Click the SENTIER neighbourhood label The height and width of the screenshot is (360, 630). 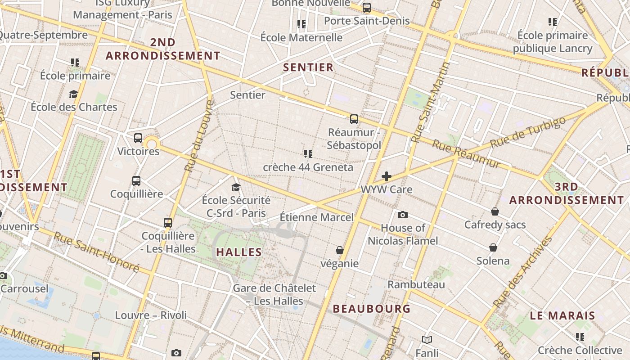(x=308, y=67)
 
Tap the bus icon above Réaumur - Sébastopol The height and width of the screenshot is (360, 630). (x=354, y=119)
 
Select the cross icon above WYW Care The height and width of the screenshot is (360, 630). (x=386, y=176)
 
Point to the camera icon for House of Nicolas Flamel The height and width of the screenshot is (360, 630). (x=403, y=215)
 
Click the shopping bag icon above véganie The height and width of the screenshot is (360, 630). (x=340, y=250)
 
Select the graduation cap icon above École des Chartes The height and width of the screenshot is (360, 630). (x=73, y=94)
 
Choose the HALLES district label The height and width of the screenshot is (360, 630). (x=239, y=252)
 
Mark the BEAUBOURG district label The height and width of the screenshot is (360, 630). (x=372, y=309)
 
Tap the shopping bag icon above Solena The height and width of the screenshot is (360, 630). (x=493, y=247)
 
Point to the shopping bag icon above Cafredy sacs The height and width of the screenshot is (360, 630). (x=495, y=211)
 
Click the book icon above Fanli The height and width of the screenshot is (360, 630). (x=427, y=340)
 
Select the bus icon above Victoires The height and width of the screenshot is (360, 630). (x=138, y=138)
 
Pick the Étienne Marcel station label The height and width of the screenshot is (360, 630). (x=317, y=217)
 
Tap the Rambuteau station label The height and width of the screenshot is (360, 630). (x=416, y=284)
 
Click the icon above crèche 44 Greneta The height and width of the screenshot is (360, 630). (x=308, y=154)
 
